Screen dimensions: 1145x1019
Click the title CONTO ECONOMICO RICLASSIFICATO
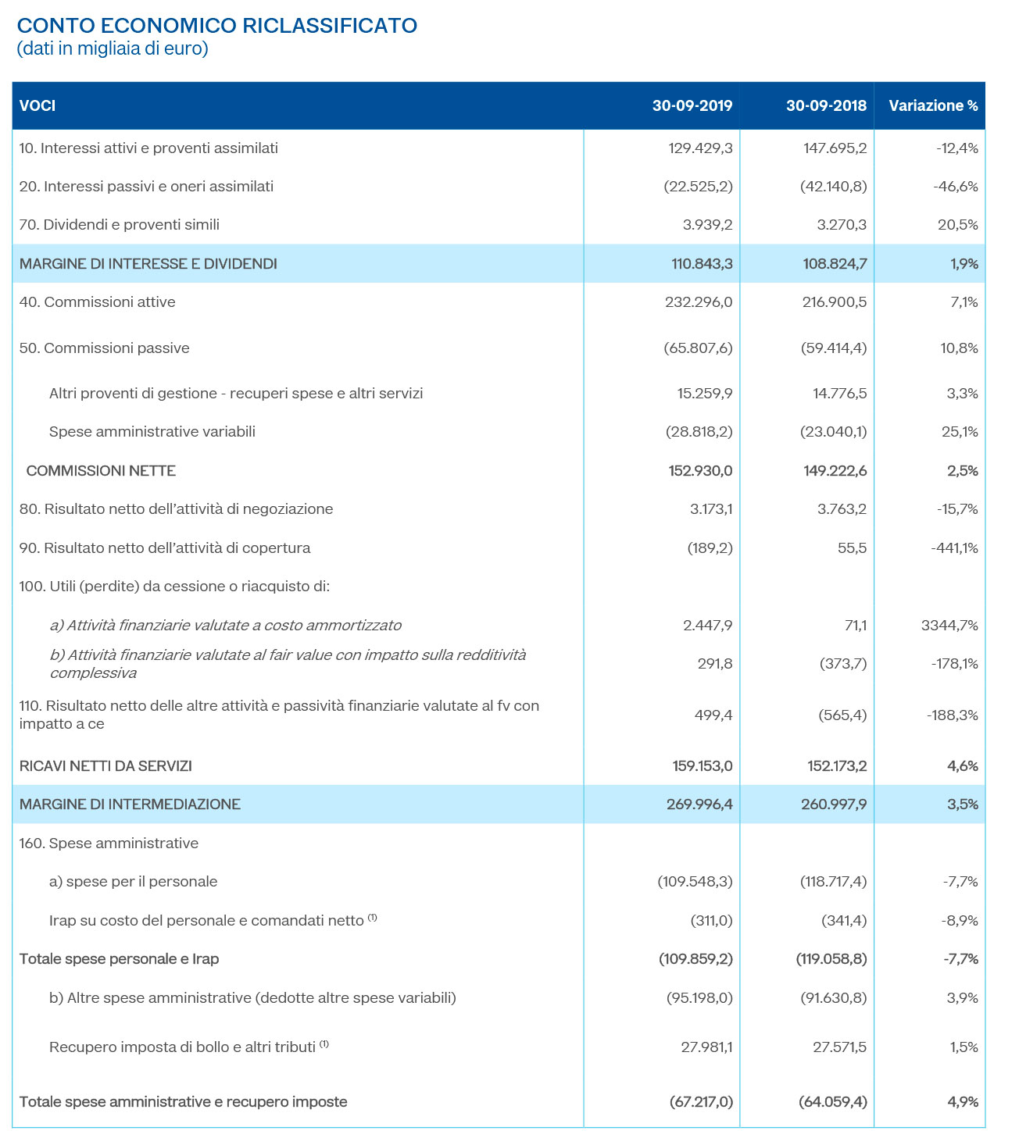(x=216, y=26)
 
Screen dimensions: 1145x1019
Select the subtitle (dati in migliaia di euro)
(x=113, y=49)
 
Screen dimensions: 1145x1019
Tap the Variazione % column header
(x=933, y=105)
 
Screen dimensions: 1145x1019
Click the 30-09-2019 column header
(x=692, y=105)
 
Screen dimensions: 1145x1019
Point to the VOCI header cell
(x=38, y=105)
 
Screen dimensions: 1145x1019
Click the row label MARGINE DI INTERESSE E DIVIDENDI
(x=148, y=264)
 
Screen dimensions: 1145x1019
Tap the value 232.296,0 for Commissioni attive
(x=698, y=302)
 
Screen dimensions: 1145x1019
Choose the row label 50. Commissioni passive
(x=104, y=348)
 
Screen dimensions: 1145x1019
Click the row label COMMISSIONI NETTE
(x=101, y=471)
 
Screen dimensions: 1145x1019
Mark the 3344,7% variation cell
(x=949, y=626)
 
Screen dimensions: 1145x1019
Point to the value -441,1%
(x=954, y=548)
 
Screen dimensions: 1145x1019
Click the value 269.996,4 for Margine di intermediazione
(x=701, y=804)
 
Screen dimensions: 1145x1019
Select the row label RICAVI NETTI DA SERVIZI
(x=105, y=766)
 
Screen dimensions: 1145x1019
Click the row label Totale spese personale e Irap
(x=119, y=959)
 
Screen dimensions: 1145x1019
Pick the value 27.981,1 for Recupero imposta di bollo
(x=706, y=1047)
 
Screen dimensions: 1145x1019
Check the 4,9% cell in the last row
(x=962, y=1102)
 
